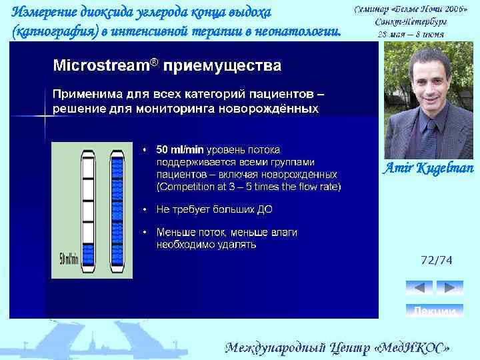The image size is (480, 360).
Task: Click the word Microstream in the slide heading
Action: pos(100,66)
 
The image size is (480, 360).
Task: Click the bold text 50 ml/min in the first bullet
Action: pos(180,149)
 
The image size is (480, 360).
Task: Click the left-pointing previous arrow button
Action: pos(419,287)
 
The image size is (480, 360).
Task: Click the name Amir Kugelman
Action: pos(427,168)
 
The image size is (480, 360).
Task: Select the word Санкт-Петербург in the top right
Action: pos(411,23)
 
